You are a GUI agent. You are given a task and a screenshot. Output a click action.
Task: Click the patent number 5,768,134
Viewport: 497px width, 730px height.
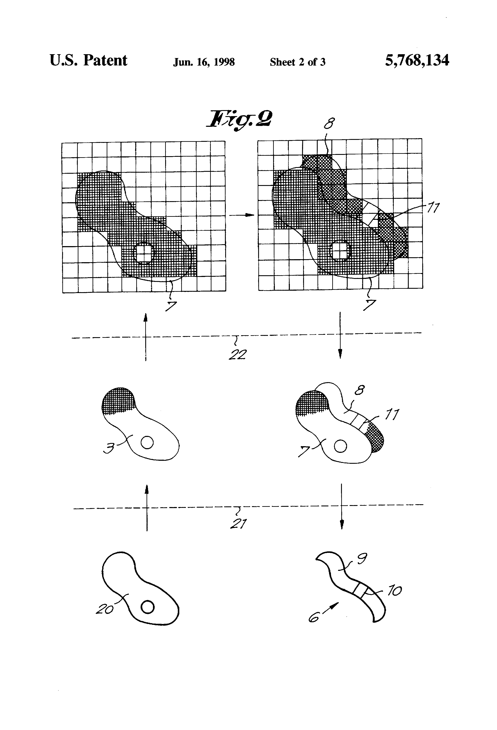tap(417, 60)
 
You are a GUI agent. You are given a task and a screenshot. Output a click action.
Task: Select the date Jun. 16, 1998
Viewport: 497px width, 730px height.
tap(204, 62)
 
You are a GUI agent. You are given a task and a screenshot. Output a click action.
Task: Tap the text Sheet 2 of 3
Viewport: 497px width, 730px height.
tap(298, 62)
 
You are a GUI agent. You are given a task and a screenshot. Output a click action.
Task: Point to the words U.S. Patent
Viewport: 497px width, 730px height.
tap(88, 60)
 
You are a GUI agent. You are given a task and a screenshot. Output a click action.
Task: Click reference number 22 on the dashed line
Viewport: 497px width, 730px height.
tap(237, 355)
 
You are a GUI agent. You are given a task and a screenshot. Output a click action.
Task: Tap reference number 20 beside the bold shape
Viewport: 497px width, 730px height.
tap(105, 609)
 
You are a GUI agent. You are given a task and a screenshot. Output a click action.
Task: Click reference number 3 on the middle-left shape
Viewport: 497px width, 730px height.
tap(108, 449)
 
